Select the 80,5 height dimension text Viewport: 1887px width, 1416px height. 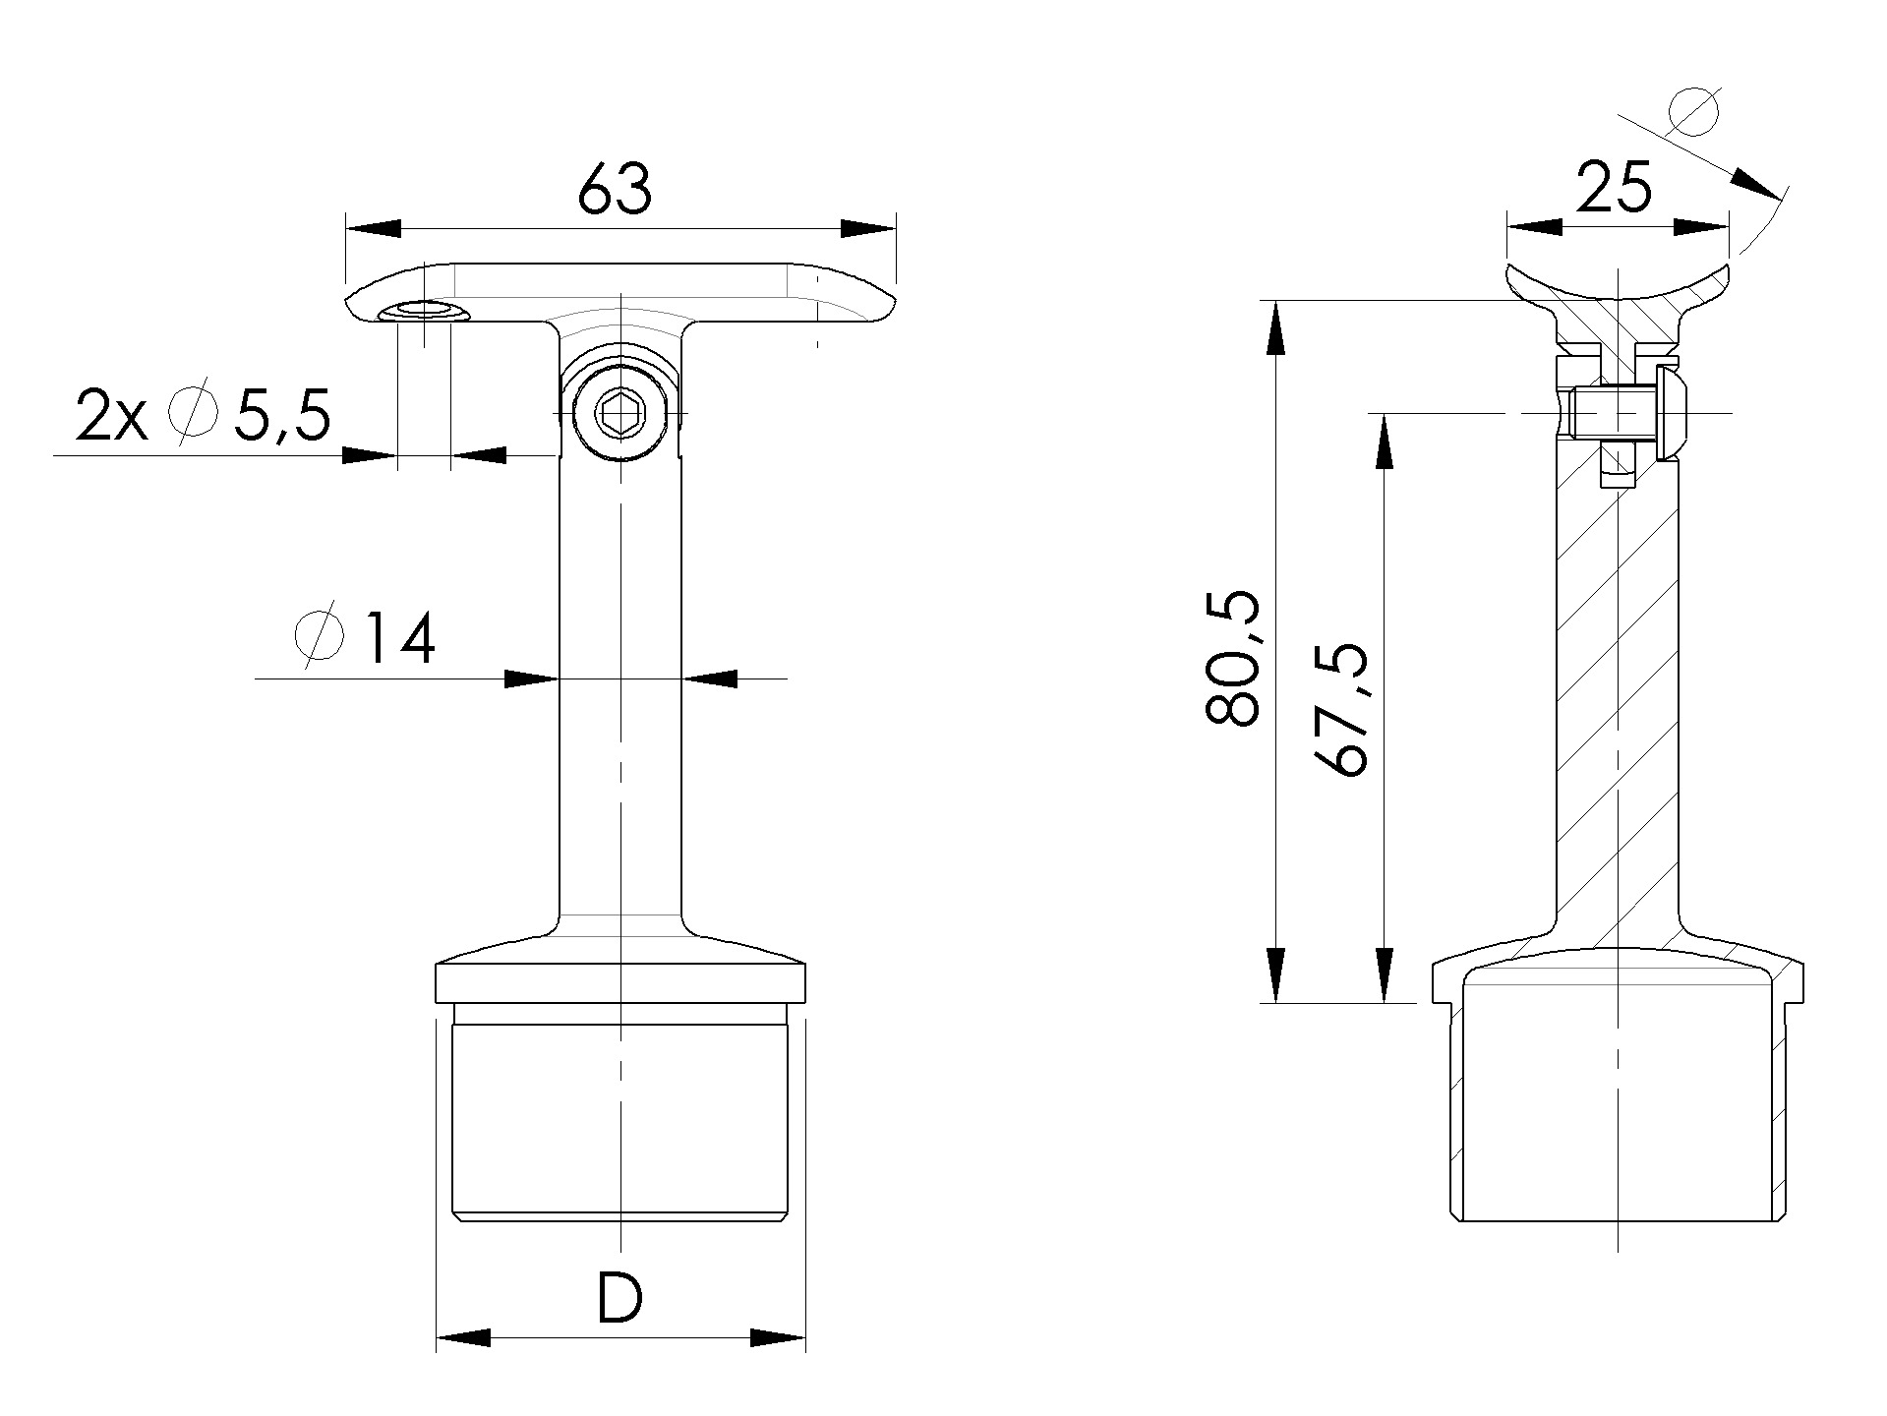(x=1231, y=659)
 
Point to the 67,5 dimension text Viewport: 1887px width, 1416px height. (x=1340, y=710)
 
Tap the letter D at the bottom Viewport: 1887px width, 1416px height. (x=619, y=1297)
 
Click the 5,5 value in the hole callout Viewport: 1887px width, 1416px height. (x=281, y=417)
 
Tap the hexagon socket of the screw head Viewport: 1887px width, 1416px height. (x=619, y=417)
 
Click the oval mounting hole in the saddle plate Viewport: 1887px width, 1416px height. (x=424, y=312)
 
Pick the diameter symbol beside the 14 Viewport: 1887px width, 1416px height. (x=320, y=634)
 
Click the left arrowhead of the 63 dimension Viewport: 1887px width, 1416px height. (x=374, y=228)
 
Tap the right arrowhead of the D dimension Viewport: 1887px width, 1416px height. (x=778, y=1337)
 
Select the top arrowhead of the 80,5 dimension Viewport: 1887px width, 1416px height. (x=1274, y=327)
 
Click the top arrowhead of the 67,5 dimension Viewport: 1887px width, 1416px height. (x=1384, y=441)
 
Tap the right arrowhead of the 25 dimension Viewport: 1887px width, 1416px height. (x=1700, y=227)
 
